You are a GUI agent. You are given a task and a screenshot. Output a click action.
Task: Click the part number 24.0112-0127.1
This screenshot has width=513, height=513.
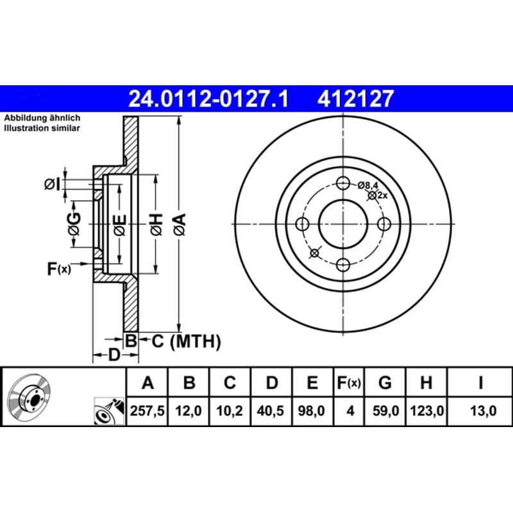[x=208, y=99]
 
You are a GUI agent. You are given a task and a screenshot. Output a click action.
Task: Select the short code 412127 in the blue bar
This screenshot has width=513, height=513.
[x=355, y=99]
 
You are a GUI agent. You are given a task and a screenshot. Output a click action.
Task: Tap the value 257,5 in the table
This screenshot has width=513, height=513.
[x=147, y=410]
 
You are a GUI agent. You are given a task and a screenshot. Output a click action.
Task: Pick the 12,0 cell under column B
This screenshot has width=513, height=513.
[x=189, y=410]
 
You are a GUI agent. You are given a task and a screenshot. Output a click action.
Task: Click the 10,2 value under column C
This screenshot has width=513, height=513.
[x=230, y=410]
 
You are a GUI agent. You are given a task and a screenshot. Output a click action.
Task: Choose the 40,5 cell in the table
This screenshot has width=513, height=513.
[x=271, y=410]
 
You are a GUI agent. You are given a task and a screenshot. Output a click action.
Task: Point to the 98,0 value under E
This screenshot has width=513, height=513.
[x=312, y=410]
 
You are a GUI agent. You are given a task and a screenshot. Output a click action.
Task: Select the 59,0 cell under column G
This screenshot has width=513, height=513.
[x=386, y=410]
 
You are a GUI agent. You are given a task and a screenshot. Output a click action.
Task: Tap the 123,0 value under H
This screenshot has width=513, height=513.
[x=427, y=410]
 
